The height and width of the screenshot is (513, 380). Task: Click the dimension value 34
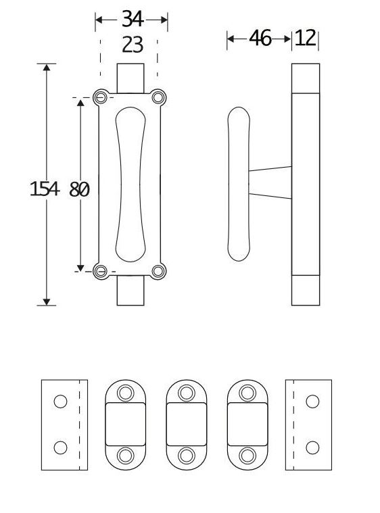click(x=132, y=19)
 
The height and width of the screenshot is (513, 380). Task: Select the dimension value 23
click(x=132, y=45)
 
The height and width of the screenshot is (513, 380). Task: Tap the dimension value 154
click(x=45, y=189)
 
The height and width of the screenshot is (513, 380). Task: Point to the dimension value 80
click(x=79, y=189)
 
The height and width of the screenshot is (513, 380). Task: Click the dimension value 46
click(x=260, y=39)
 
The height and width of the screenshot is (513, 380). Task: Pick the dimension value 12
click(x=306, y=39)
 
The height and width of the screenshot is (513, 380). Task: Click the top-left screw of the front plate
click(x=101, y=97)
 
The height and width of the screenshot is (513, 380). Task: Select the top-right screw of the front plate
click(x=158, y=97)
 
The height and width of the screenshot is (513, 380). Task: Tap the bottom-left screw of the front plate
click(x=101, y=271)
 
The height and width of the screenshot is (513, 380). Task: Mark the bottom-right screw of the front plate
click(x=158, y=271)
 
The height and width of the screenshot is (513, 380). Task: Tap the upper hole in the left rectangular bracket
click(x=61, y=401)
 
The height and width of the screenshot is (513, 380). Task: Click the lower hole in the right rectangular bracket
click(x=312, y=447)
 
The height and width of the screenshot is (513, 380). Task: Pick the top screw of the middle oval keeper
click(x=187, y=392)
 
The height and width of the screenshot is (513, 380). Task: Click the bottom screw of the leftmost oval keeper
click(x=126, y=455)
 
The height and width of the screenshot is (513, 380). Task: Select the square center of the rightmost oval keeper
click(x=247, y=424)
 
